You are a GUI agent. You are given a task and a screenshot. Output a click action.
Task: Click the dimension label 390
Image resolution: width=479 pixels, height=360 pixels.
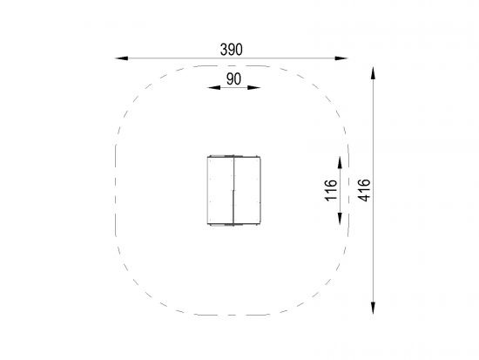point(232,50)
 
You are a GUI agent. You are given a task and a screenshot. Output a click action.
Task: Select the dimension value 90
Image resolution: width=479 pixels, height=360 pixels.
point(233,79)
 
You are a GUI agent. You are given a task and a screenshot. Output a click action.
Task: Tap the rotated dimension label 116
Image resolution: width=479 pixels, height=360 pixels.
point(331,190)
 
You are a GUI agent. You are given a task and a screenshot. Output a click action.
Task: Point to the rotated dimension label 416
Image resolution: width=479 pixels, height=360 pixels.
point(364,190)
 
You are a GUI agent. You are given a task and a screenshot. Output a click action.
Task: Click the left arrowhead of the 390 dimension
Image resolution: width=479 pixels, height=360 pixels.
point(122,58)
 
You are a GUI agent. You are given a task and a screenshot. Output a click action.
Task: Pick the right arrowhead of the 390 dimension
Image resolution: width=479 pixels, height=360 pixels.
point(341,58)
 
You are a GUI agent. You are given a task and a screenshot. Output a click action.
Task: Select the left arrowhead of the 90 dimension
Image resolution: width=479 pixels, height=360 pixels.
point(214,88)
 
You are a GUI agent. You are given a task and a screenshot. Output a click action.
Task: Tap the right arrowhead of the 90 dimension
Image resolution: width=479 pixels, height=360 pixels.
point(253,88)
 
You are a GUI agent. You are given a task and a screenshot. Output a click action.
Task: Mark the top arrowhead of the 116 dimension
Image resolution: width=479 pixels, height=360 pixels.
point(340,162)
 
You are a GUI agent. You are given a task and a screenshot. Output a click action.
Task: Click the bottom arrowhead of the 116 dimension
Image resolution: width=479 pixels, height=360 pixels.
point(340,219)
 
